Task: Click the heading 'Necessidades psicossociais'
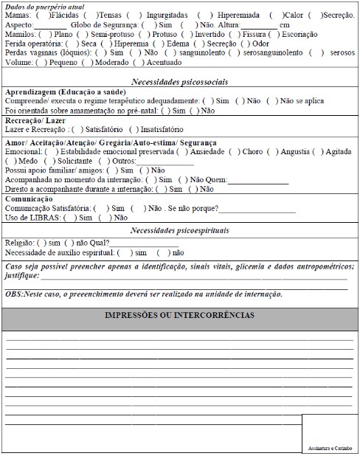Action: (x=180, y=81)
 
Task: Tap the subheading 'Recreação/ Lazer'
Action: (x=35, y=120)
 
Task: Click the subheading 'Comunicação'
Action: (x=29, y=198)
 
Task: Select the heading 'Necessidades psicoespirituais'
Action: (x=180, y=230)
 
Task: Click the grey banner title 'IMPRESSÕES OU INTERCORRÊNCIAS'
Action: (x=180, y=315)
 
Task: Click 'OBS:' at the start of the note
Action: (x=13, y=293)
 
